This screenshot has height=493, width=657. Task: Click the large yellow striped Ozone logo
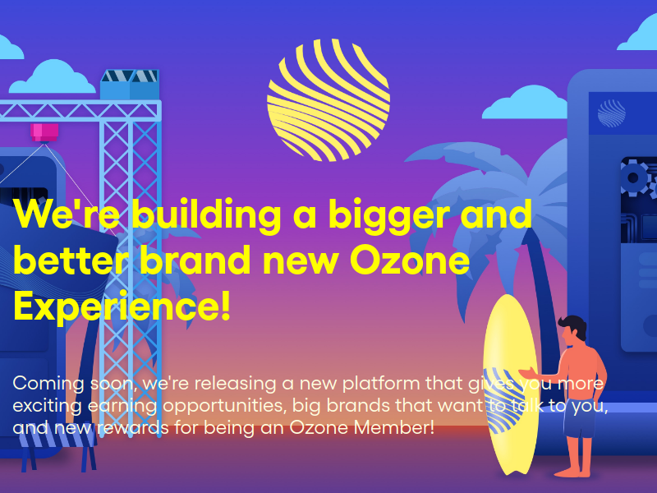point(328,100)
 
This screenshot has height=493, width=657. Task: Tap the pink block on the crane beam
point(44,132)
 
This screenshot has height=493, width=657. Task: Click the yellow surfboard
point(510,384)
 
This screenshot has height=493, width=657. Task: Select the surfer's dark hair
point(572,326)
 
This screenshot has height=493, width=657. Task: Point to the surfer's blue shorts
point(580,417)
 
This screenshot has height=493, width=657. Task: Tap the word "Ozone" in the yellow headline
point(409,260)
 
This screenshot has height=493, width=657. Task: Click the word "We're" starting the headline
point(67,213)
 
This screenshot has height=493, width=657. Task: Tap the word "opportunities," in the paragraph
point(224,406)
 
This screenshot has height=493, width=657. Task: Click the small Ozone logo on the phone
point(611,113)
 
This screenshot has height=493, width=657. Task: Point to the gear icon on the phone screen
point(633,177)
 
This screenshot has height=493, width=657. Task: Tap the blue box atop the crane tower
point(130,85)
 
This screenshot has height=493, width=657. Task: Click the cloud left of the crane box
point(53,77)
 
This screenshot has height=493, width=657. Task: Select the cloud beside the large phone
point(525,103)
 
